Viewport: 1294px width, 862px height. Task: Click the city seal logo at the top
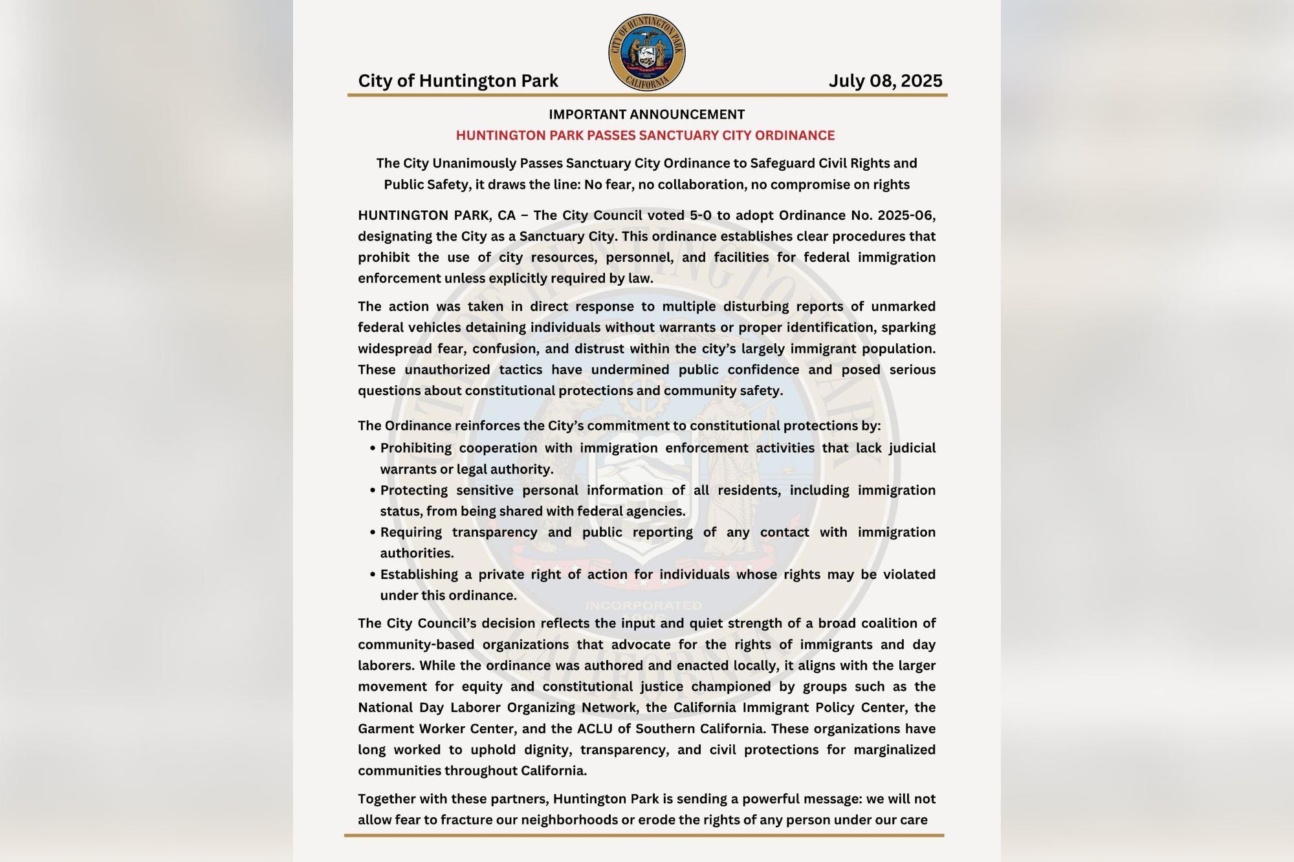tap(647, 53)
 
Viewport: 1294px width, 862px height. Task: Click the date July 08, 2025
tap(884, 81)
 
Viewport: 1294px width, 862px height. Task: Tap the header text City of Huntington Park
tap(458, 81)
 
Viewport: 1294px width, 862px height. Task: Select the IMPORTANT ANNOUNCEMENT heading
tap(647, 114)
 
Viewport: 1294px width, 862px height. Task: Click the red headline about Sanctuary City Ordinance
tap(645, 135)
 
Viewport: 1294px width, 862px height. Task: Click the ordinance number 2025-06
tap(906, 215)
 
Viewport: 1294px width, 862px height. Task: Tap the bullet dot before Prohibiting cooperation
tap(373, 448)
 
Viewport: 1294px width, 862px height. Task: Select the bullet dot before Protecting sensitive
tap(373, 490)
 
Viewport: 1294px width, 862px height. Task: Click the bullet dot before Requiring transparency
tap(373, 532)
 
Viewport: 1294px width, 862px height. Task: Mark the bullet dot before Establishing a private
tap(373, 574)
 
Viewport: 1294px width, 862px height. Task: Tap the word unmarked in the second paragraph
tap(903, 307)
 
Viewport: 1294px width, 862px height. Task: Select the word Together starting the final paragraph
tap(388, 799)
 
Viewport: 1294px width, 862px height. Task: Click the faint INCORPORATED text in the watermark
tap(644, 606)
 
